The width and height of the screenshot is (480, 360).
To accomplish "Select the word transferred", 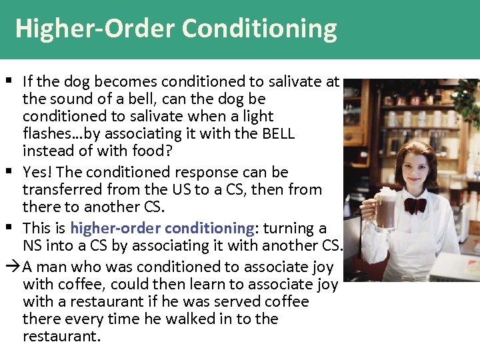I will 58,189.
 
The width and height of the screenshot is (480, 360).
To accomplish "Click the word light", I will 257,116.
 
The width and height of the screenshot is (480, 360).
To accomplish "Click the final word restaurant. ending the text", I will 61,336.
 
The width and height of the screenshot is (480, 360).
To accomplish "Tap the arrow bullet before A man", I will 14,267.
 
